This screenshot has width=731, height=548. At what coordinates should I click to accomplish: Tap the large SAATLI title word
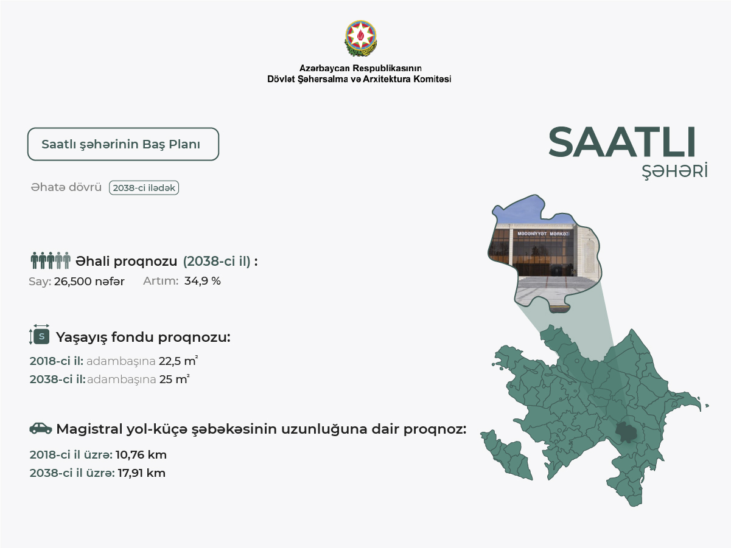(x=621, y=144)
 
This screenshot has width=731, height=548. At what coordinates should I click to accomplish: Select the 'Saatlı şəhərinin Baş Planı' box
(x=123, y=144)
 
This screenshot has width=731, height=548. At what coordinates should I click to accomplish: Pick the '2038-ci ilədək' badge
(x=144, y=188)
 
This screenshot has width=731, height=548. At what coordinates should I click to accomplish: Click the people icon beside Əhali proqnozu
(x=51, y=261)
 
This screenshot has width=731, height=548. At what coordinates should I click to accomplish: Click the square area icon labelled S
(x=41, y=336)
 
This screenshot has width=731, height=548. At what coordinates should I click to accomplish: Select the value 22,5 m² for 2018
(x=178, y=361)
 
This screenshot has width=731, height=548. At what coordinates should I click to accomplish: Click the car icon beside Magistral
(x=41, y=429)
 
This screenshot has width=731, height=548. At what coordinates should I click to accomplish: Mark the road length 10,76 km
(x=141, y=454)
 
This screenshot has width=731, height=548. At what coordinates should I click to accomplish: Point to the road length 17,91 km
(x=141, y=473)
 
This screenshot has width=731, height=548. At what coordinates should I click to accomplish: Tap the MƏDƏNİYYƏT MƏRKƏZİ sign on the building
(x=543, y=234)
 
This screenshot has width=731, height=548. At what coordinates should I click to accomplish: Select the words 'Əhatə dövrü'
(x=66, y=188)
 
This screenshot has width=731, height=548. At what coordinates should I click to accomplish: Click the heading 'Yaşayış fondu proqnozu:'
(x=143, y=337)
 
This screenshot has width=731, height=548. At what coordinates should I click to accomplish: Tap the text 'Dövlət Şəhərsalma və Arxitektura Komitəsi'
(x=359, y=79)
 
